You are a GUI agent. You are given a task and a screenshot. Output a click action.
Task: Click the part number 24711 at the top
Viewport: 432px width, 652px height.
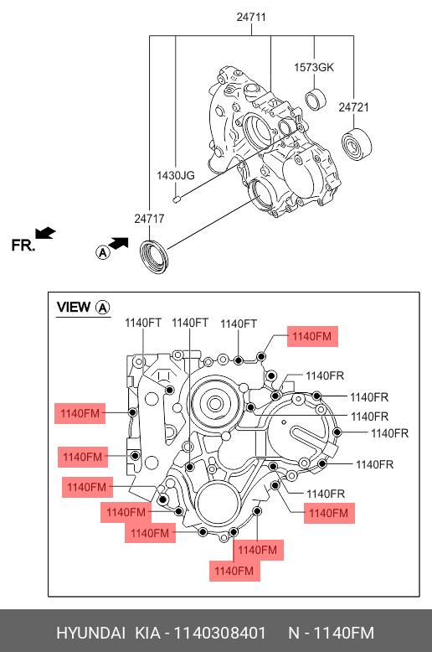click(251, 17)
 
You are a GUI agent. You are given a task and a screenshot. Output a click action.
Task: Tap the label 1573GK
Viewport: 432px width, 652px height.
click(314, 67)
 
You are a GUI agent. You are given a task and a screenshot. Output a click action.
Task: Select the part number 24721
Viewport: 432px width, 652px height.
click(353, 107)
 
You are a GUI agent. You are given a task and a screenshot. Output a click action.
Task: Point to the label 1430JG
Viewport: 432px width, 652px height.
click(175, 175)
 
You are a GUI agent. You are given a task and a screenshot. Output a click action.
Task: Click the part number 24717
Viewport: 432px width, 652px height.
click(149, 218)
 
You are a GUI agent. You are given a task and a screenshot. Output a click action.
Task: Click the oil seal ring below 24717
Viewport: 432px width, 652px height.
click(154, 256)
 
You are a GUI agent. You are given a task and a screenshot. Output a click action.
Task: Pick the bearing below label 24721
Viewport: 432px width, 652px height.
click(357, 145)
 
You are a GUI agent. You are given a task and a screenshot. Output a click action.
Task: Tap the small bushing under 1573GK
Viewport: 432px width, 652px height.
click(316, 100)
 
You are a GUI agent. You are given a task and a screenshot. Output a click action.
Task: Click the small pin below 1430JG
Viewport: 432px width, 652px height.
click(177, 199)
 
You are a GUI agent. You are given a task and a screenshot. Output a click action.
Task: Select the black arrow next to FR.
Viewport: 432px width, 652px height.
click(45, 233)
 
